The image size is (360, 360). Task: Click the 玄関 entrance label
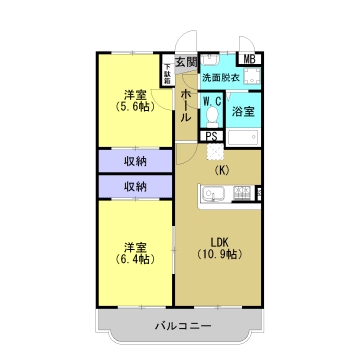pos(186,62)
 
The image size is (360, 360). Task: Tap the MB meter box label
pos(249,59)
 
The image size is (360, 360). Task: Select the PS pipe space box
pos(211,137)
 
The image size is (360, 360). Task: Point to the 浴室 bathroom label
pos(243,112)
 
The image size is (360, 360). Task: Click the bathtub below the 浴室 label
pos(243,138)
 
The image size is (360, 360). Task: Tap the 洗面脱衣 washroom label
pos(220,78)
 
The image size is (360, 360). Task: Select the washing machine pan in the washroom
pos(251,77)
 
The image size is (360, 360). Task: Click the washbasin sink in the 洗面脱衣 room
pos(210,60)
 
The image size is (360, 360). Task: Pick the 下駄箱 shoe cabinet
pos(167,73)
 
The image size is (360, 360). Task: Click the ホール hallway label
pos(186,106)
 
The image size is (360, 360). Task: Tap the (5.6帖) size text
pos(135,107)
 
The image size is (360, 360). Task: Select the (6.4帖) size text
pos(135,259)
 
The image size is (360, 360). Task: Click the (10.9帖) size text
pos(219,254)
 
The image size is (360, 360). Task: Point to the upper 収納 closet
pos(135,161)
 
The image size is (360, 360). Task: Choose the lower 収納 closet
pos(135,187)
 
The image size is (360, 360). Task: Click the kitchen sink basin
pos(214,194)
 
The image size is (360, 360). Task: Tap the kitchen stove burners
pos(242,193)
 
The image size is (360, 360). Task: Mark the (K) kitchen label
pos(221,171)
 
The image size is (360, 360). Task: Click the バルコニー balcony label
pos(183,325)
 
